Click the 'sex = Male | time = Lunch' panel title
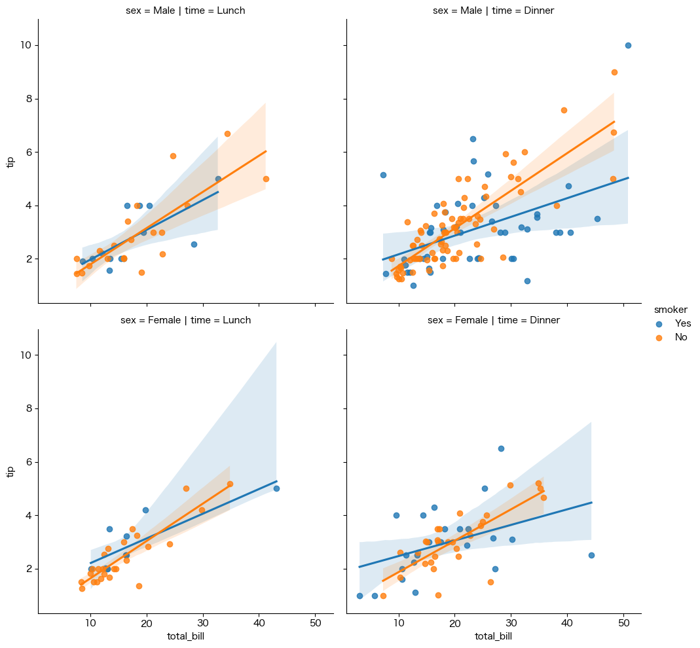pos(185,10)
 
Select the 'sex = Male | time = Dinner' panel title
pos(494,10)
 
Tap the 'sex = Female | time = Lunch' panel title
pos(185,320)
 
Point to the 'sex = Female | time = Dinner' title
pos(494,320)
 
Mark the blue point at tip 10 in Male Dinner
pos(628,45)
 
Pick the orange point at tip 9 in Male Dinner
pos(614,72)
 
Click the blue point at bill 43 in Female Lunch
pos(276,488)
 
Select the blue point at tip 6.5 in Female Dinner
pos(501,448)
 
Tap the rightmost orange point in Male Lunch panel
pos(266,179)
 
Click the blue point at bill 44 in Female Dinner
pos(591,555)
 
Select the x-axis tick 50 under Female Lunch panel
pos(316,624)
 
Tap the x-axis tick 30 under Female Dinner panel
pos(511,624)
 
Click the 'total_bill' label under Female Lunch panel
pos(185,636)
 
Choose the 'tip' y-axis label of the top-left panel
pos(10,162)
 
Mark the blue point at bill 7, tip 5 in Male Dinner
pos(383,175)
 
